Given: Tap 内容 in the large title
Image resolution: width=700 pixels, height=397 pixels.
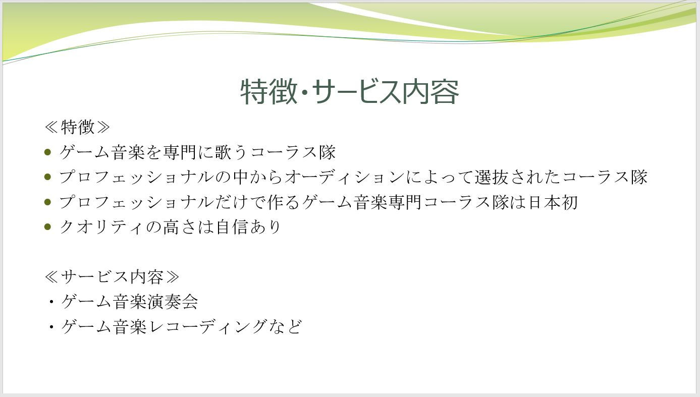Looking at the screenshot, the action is (430, 91).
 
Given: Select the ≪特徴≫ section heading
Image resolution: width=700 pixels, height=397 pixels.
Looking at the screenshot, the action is (77, 127).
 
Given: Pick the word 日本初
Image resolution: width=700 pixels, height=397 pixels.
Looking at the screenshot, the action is (553, 202).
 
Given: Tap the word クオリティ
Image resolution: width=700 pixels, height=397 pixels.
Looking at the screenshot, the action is (102, 227).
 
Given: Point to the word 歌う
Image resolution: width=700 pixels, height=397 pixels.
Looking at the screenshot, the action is (232, 152).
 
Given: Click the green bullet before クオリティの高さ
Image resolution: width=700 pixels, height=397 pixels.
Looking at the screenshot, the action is (47, 227).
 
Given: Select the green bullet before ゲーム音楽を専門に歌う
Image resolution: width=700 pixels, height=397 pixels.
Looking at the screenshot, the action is (47, 152).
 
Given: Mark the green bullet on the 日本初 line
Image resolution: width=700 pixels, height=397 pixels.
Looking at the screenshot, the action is (47, 202).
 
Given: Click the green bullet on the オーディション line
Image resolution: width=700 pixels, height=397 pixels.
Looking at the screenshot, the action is (47, 177).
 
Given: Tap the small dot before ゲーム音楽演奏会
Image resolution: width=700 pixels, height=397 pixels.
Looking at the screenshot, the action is (51, 302).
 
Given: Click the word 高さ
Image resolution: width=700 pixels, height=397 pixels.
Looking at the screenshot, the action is (181, 227).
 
